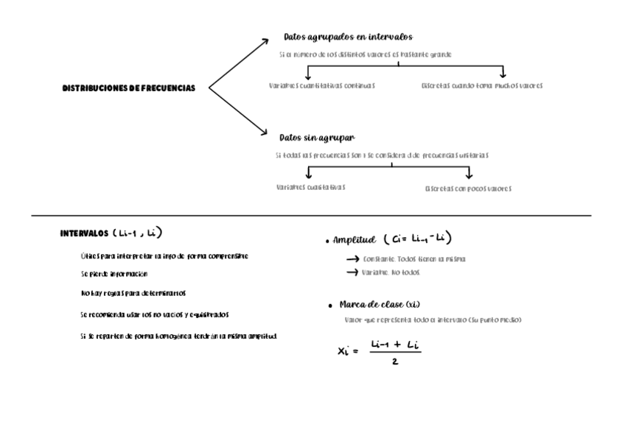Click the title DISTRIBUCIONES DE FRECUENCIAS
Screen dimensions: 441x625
point(129,88)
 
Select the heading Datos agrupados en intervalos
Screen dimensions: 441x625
point(348,37)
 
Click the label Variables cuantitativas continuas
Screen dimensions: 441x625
point(322,85)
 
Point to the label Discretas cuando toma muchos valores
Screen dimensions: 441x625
point(482,85)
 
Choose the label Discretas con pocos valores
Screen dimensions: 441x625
point(468,188)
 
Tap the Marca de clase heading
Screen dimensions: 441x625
point(380,304)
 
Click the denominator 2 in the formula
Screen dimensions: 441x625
point(396,361)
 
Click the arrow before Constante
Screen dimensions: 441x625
point(353,259)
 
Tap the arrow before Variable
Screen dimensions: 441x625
point(353,272)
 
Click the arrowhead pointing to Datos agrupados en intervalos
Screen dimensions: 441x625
point(266,42)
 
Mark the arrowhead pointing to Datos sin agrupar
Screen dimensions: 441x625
point(263,133)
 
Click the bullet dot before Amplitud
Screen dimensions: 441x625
point(327,241)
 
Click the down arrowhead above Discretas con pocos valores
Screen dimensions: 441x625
point(469,175)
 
